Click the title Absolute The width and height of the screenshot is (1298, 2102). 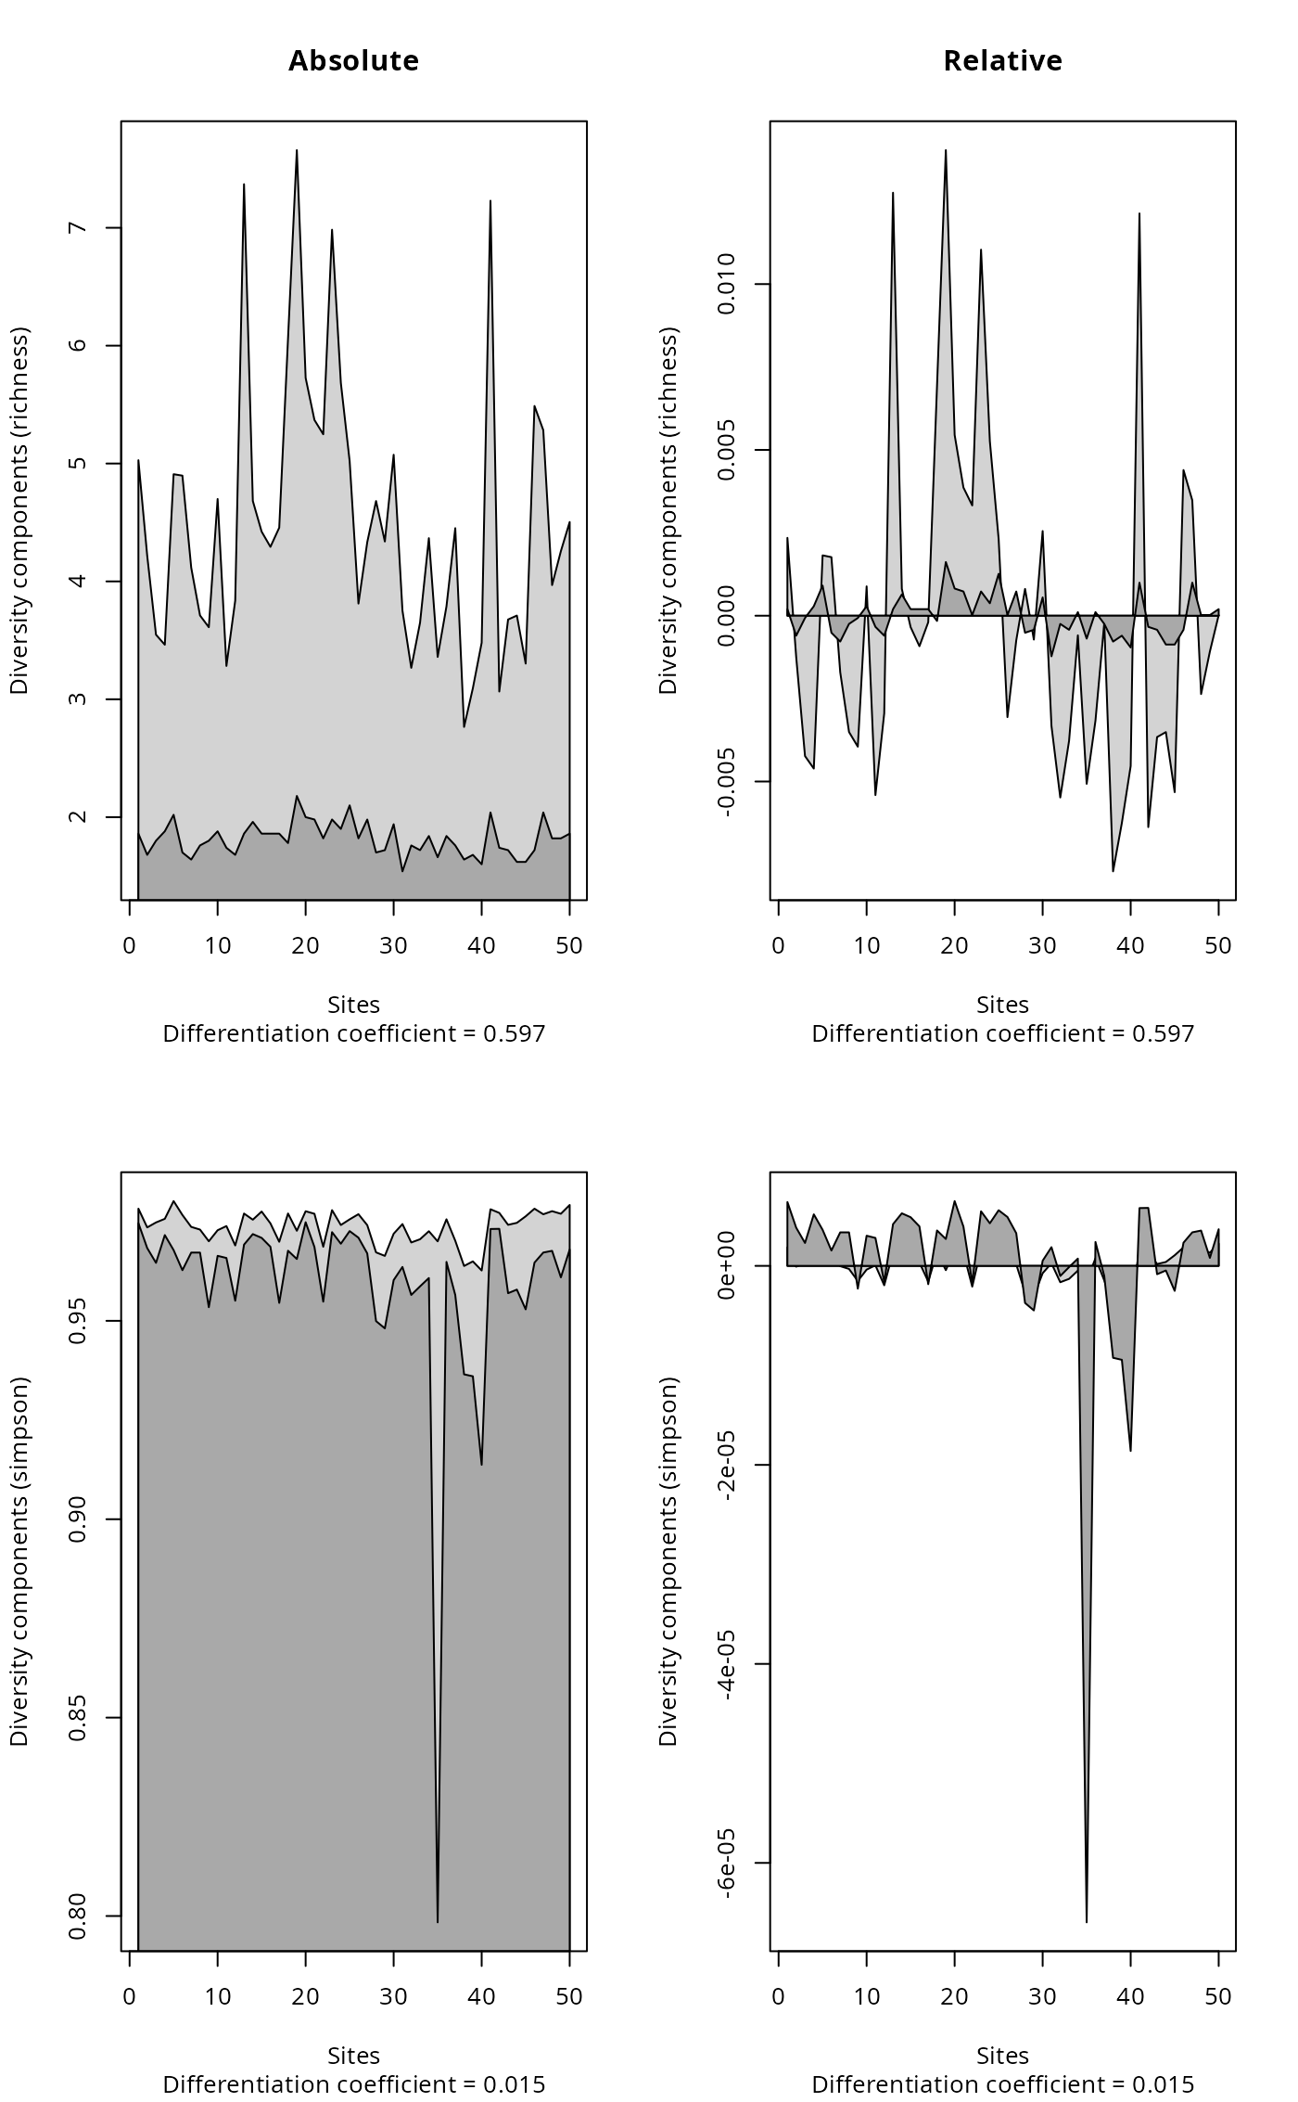click(x=353, y=61)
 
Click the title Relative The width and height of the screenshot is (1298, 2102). click(x=1002, y=61)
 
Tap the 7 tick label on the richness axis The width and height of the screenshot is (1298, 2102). click(x=78, y=228)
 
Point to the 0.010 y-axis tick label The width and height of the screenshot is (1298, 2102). click(x=727, y=284)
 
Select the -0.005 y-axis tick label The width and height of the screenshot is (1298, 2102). click(x=727, y=782)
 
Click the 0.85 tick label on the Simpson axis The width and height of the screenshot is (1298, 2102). click(x=78, y=1718)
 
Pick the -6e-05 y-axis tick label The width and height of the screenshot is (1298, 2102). click(x=727, y=1863)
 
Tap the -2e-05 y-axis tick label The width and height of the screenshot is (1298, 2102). click(x=727, y=1465)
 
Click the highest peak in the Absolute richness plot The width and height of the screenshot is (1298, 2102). click(x=297, y=150)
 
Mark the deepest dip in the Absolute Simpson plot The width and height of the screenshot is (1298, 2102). click(x=438, y=1921)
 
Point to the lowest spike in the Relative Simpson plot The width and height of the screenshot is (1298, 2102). click(x=1087, y=1921)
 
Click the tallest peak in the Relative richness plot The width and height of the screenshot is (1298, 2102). click(x=946, y=150)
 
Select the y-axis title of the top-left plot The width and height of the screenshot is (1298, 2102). click(x=20, y=510)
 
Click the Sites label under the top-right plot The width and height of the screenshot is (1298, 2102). click(x=1002, y=1005)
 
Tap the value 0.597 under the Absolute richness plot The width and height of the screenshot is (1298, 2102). click(x=515, y=1033)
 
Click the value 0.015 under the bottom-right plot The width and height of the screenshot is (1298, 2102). click(x=1164, y=2083)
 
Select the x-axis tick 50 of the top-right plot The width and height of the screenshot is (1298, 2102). click(x=1218, y=946)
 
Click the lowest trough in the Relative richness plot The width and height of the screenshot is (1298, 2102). click(x=1113, y=871)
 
